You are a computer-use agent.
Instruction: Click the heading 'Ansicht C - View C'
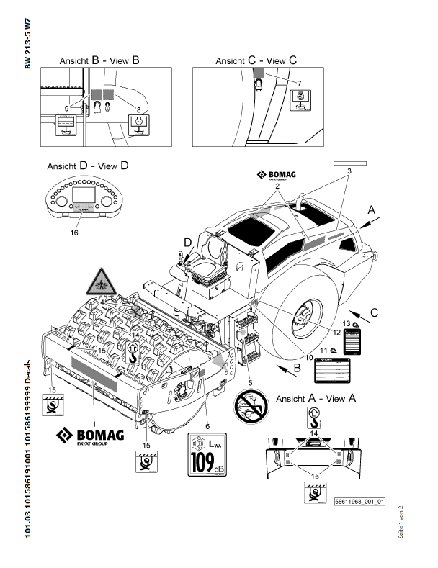pyautogui.click(x=256, y=62)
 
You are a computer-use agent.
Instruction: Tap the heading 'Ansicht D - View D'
pyautogui.click(x=88, y=166)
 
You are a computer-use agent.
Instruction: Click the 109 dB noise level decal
pyautogui.click(x=207, y=456)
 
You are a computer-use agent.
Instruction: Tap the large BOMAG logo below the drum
pyautogui.click(x=91, y=436)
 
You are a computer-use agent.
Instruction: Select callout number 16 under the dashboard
pyautogui.click(x=74, y=233)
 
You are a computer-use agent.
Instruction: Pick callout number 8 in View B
pyautogui.click(x=138, y=109)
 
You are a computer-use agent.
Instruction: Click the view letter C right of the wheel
pyautogui.click(x=395, y=313)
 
